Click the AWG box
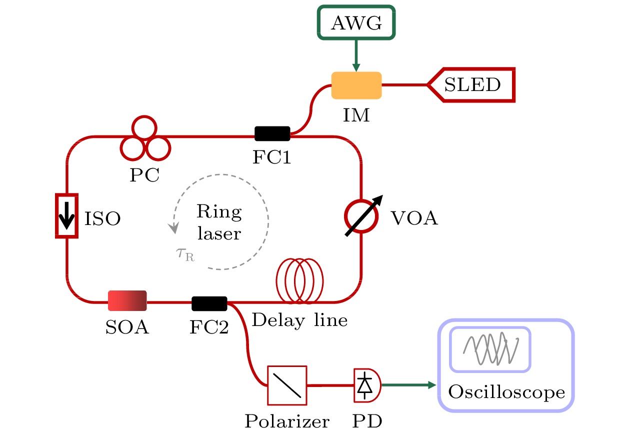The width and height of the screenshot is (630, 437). click(356, 23)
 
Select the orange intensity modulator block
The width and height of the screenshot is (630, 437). click(356, 85)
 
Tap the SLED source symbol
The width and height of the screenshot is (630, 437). click(471, 85)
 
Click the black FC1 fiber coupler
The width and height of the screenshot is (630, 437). click(272, 133)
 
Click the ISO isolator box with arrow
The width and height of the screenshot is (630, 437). click(66, 214)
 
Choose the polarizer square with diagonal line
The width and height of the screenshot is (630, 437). click(287, 384)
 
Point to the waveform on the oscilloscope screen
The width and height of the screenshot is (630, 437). click(490, 348)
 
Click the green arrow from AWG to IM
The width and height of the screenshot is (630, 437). click(356, 55)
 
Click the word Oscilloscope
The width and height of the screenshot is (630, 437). click(506, 392)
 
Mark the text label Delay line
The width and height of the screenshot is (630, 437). click(299, 320)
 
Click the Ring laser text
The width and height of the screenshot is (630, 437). click(218, 223)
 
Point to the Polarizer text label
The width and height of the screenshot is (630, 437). click(287, 421)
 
